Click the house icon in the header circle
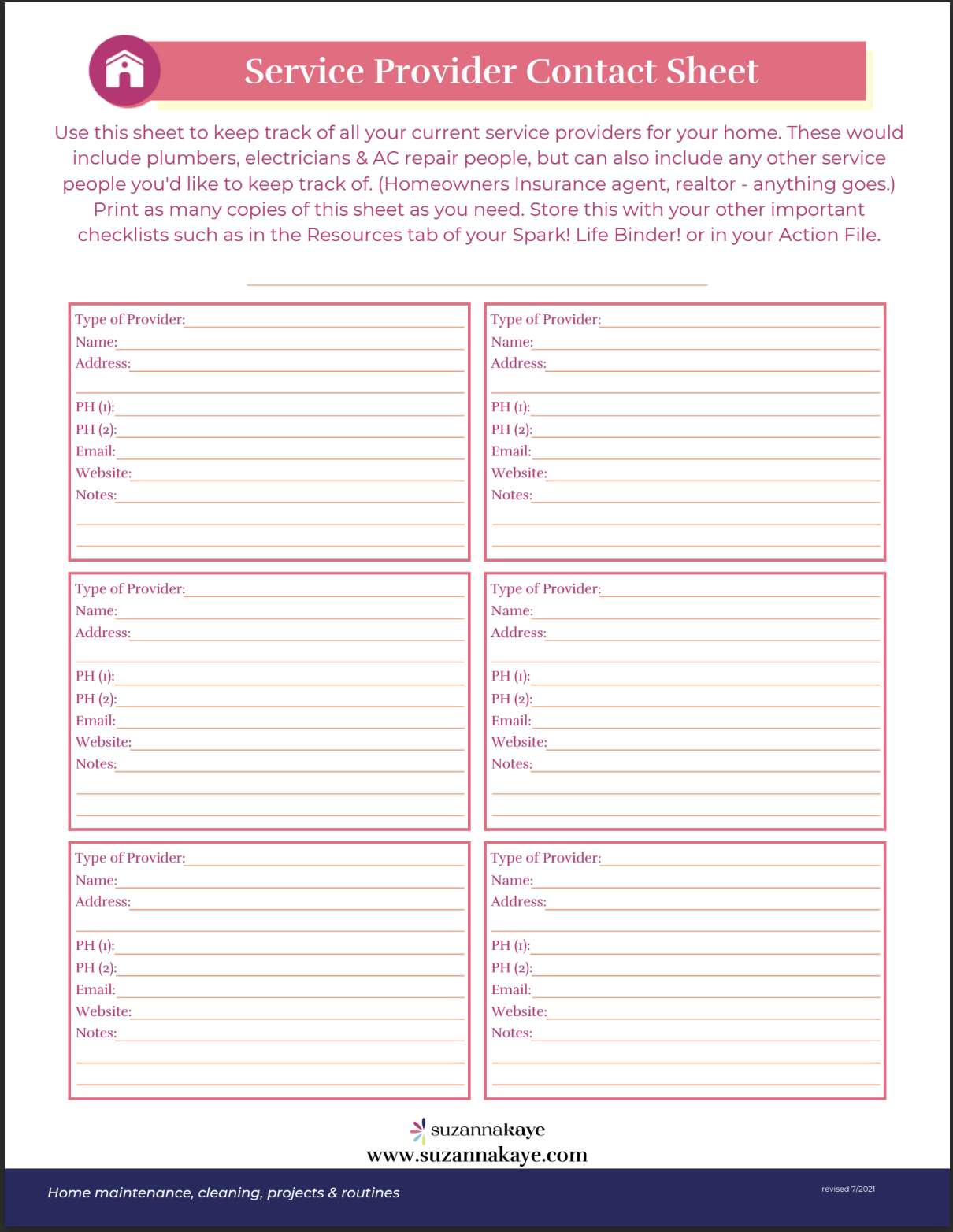(x=124, y=70)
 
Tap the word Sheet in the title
(x=712, y=71)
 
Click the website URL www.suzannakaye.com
(x=476, y=1155)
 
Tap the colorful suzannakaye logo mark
(x=418, y=1130)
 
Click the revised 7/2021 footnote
(x=847, y=1189)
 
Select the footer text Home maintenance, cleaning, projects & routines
(x=223, y=1193)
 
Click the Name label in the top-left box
(x=96, y=342)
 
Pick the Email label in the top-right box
(x=511, y=451)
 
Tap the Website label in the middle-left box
(x=103, y=742)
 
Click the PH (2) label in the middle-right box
(x=511, y=699)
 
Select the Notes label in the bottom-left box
(x=96, y=1033)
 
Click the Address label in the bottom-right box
(x=518, y=902)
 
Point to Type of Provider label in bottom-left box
(x=130, y=858)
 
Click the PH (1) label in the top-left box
(x=95, y=407)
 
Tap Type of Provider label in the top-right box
(x=545, y=319)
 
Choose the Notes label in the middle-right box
(x=511, y=764)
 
